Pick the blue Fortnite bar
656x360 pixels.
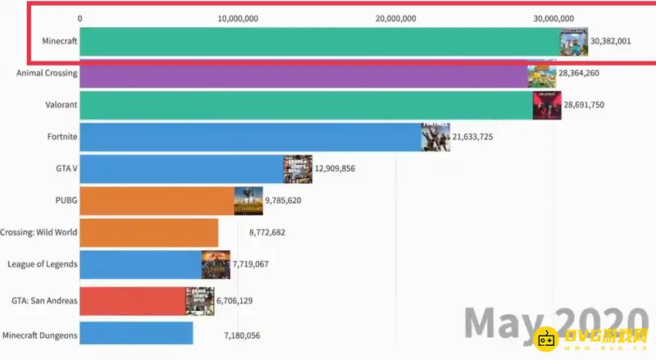click(250, 137)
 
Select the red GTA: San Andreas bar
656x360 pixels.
click(133, 301)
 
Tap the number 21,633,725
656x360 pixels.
click(484, 136)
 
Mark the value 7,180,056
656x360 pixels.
click(253, 335)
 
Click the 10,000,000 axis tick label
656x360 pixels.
click(239, 18)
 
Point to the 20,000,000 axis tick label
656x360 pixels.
click(397, 18)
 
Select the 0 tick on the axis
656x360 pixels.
click(80, 18)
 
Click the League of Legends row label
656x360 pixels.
click(42, 264)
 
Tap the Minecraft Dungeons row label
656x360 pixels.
click(40, 335)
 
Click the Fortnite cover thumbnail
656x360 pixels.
click(436, 137)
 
